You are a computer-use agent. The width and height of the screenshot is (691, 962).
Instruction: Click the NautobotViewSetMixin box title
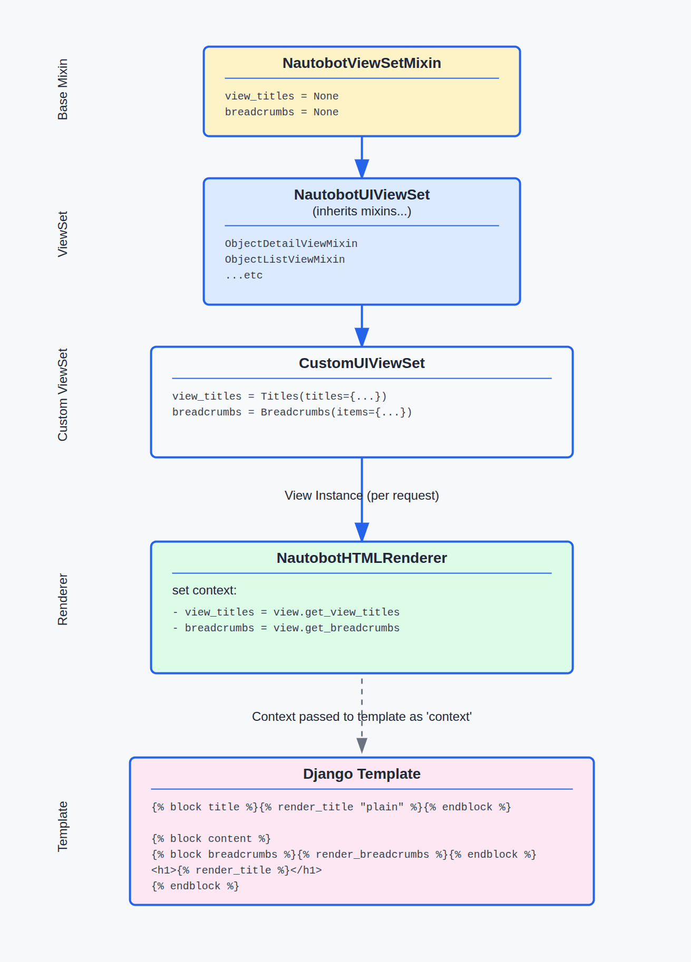coord(362,63)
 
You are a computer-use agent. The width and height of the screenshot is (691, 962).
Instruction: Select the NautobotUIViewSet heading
coord(362,195)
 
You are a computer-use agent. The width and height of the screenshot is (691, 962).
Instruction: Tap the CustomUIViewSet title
coord(362,363)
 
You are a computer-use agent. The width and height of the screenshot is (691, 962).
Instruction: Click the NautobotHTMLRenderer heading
coord(362,558)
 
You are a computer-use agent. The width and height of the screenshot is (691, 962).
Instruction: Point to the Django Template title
coord(362,774)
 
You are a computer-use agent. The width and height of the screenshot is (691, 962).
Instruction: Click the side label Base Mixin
coord(63,90)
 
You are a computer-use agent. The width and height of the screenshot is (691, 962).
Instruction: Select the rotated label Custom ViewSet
coord(63,395)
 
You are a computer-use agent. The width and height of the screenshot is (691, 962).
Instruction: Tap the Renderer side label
coord(63,599)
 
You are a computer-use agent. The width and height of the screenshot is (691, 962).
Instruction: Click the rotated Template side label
coord(63,826)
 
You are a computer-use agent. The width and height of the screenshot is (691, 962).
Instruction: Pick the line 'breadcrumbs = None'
coord(281,112)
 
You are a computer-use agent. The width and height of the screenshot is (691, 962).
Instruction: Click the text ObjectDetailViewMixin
coord(291,244)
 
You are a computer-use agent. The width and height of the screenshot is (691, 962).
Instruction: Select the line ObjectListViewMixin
coord(285,260)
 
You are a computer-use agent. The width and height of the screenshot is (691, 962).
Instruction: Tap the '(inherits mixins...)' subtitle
coord(362,211)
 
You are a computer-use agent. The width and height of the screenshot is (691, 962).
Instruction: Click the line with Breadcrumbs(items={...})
coord(292,412)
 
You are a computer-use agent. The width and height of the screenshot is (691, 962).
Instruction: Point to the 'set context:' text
coord(205,590)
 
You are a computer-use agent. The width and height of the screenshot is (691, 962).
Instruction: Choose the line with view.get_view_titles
coord(286,612)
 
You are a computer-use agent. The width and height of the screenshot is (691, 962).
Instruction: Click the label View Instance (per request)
coord(362,495)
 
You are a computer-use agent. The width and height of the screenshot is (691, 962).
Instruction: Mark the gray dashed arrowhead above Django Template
coord(362,745)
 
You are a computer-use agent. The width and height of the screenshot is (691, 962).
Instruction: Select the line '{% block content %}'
coord(211,839)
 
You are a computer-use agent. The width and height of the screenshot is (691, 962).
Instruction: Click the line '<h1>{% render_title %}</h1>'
coord(236,870)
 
